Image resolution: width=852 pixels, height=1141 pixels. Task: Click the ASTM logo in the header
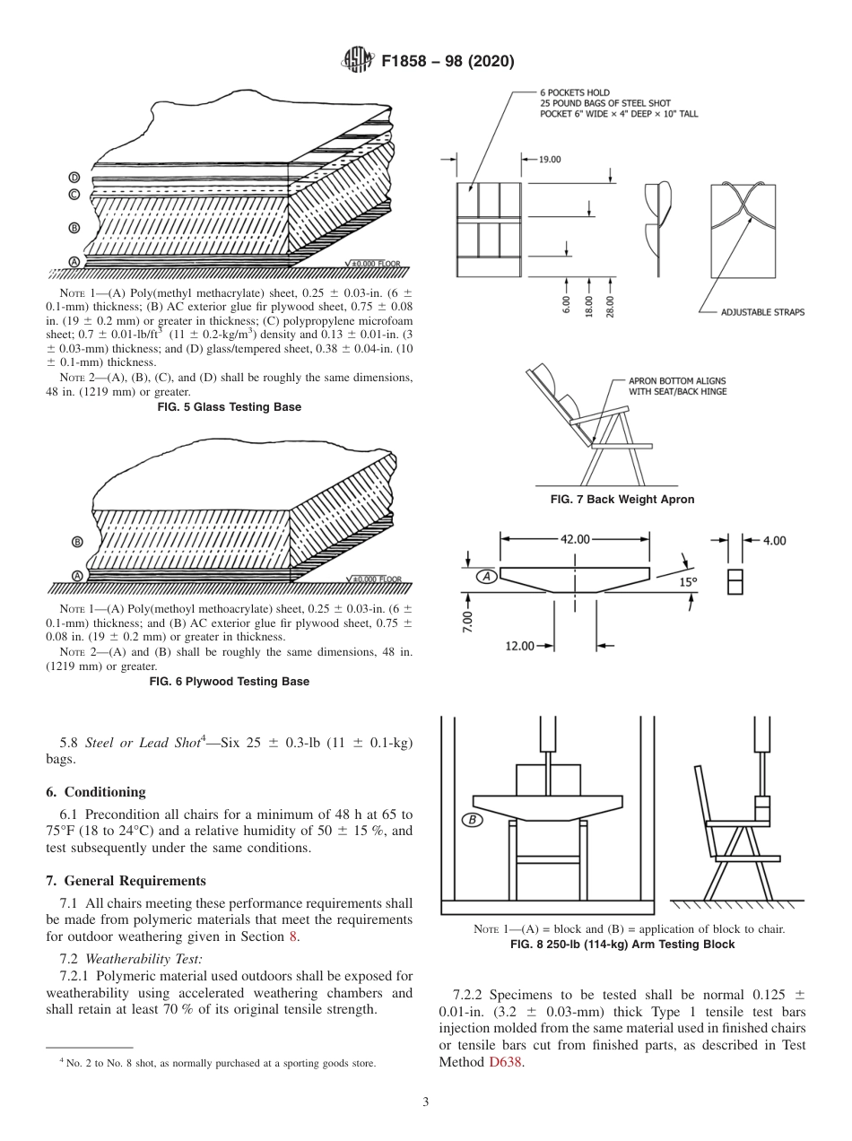pos(359,61)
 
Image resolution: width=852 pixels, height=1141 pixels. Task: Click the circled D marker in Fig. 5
pos(74,178)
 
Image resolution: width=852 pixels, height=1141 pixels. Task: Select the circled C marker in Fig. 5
pos(74,194)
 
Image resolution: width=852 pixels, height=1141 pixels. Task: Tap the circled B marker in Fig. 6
pos(77,542)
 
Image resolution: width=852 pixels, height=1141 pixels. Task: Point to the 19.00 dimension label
pos(549,160)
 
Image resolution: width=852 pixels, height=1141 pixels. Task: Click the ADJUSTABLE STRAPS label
pos(762,312)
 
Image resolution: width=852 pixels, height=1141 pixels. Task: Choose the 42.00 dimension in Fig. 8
pos(575,539)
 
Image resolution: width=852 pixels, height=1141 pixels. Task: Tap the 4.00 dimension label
pos(774,540)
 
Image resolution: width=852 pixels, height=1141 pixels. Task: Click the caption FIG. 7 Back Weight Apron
pos(622,500)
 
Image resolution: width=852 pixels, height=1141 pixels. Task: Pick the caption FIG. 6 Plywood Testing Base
pos(230,682)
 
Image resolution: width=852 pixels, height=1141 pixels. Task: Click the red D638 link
pos(504,1063)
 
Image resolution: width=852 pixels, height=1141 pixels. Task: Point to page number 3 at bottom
pos(426,1102)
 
